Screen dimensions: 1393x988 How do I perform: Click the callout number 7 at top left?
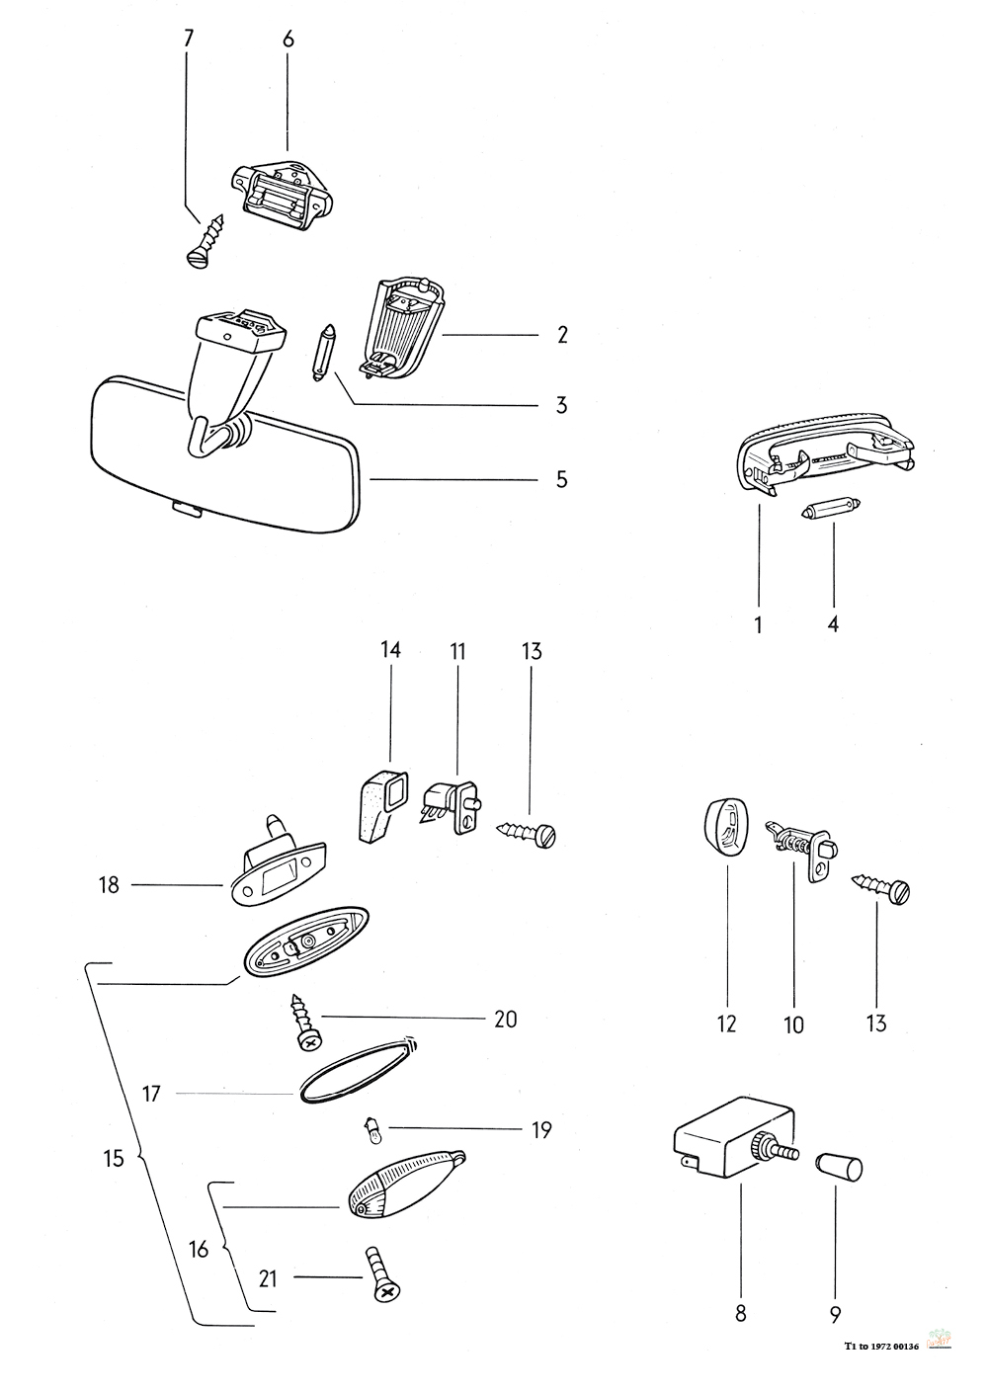[x=189, y=39]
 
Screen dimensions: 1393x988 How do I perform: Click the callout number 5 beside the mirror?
[x=561, y=479]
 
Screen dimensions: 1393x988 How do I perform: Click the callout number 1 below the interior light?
[x=758, y=624]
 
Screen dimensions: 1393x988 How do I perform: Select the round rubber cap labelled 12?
[x=726, y=824]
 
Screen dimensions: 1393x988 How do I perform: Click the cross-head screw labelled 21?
[x=383, y=1274]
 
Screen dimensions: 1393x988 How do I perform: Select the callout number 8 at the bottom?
[x=741, y=1313]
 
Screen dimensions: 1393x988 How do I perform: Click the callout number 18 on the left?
[x=109, y=885]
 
